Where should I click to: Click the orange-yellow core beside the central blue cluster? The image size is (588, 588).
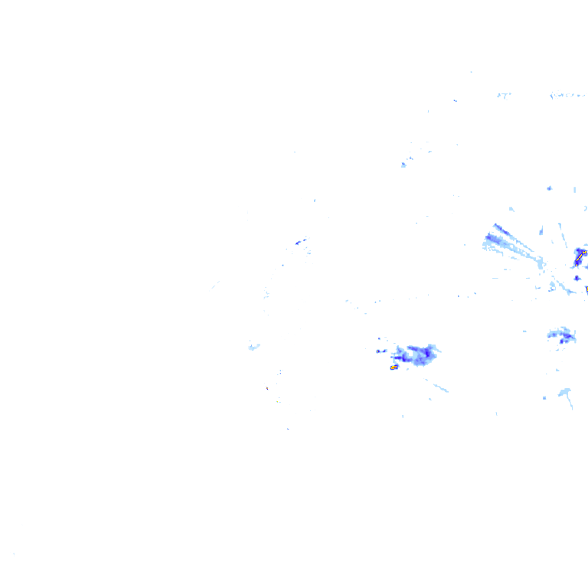tap(394, 367)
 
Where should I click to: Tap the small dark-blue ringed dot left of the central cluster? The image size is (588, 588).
tap(379, 351)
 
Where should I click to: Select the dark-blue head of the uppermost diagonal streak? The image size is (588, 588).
tap(497, 227)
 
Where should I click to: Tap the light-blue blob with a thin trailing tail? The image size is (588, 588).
tap(566, 393)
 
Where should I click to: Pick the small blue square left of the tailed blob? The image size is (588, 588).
tap(544, 398)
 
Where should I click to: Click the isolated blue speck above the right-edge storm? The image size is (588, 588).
tap(549, 188)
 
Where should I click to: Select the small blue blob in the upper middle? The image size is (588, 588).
tap(403, 165)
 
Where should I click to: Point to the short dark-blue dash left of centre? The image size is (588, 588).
tap(299, 242)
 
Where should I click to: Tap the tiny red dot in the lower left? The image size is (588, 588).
tap(267, 388)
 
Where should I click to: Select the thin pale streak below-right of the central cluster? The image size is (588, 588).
tap(438, 387)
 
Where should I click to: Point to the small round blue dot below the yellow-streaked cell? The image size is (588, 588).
tap(577, 278)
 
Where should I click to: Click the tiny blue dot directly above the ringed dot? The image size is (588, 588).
tap(379, 338)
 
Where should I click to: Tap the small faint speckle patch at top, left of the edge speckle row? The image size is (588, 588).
tap(503, 94)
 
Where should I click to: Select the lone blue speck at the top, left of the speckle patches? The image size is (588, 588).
tap(455, 100)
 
